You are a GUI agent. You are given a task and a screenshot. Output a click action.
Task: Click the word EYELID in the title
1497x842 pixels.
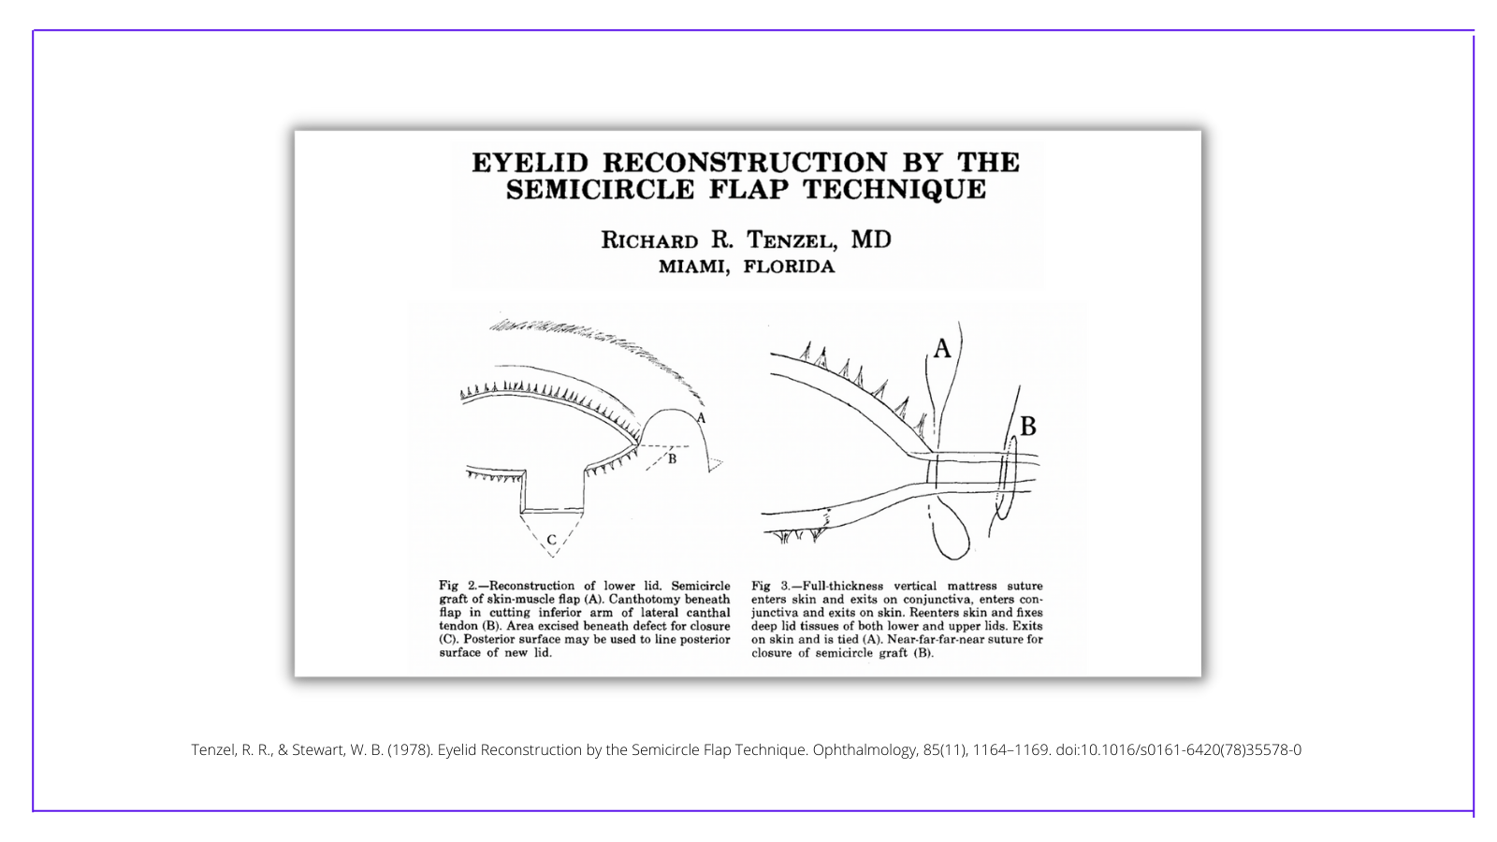[x=530, y=163]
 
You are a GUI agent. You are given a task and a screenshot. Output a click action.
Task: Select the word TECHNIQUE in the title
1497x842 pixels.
[x=895, y=190]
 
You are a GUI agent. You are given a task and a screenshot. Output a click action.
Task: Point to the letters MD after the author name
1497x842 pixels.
[x=871, y=239]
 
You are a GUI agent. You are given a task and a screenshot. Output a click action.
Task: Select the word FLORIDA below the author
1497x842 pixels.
[x=790, y=267]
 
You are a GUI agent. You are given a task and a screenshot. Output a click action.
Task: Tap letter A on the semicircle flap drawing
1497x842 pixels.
[x=701, y=419]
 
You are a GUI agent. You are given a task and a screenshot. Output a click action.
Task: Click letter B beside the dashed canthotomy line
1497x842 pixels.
[x=673, y=459]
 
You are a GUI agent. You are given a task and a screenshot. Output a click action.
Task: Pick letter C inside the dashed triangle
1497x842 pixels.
[x=551, y=540]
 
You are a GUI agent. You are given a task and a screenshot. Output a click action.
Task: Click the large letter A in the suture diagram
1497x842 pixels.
[x=941, y=348]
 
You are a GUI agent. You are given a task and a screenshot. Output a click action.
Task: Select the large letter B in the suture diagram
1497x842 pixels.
[x=1028, y=427]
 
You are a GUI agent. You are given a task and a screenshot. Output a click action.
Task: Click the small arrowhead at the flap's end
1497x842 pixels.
[x=715, y=464]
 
